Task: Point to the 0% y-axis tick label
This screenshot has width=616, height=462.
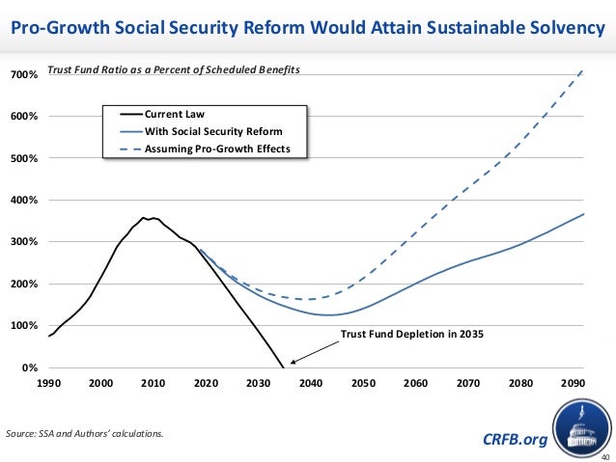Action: point(30,368)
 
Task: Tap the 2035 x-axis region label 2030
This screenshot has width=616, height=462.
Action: point(259,383)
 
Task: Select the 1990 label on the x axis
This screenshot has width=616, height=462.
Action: point(50,383)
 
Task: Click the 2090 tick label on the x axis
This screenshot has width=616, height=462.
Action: point(573,383)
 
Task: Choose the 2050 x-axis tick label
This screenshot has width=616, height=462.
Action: point(363,383)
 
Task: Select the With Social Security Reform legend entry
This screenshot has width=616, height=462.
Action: point(212,131)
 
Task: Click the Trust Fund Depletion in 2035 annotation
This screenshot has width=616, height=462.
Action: point(410,335)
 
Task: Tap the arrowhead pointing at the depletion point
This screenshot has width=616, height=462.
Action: point(292,363)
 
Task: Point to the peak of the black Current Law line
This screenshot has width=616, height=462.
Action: point(143,218)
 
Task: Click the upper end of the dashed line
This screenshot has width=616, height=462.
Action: point(582,70)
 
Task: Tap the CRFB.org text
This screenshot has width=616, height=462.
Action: point(514,440)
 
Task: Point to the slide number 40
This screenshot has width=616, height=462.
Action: point(604,455)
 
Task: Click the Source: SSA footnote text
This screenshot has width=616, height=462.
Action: point(85,433)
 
